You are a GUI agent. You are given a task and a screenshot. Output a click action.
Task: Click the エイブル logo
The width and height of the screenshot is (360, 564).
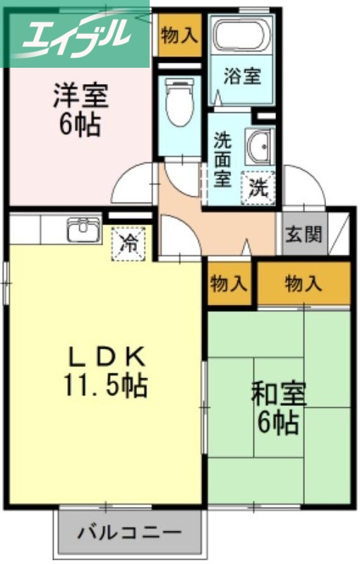point(74,34)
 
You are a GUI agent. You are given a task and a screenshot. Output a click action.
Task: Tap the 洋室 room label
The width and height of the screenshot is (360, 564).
point(80,97)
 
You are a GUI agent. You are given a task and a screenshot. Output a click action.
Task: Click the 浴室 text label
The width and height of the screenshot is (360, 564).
point(242,76)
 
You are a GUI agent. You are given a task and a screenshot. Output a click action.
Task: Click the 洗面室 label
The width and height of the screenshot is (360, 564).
point(222,159)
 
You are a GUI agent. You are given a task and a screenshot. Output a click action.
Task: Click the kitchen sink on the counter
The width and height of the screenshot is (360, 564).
point(84,230)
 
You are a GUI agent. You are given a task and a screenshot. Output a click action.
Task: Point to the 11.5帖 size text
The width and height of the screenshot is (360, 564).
point(106,385)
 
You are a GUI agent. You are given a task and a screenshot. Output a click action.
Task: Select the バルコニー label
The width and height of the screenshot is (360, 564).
point(129,531)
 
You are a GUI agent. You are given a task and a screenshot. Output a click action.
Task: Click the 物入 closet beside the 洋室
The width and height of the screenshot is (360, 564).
point(179,35)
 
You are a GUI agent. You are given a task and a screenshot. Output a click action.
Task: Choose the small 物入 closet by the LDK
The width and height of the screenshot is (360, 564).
point(229,284)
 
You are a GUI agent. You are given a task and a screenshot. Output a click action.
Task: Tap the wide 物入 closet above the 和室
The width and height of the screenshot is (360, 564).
point(304,284)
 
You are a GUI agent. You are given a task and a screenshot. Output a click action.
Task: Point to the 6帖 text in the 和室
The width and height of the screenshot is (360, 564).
point(277,423)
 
